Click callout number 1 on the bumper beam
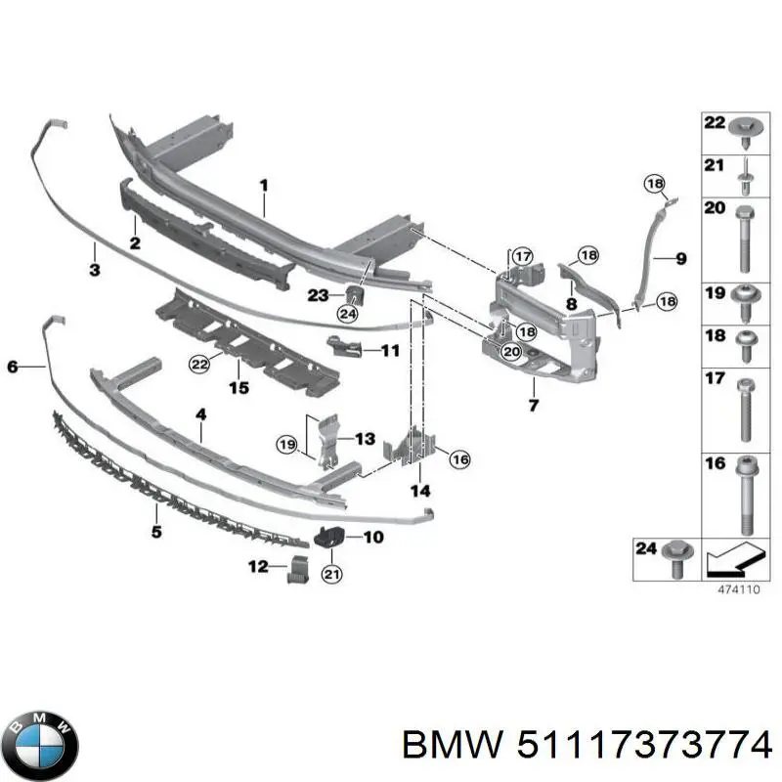pyautogui.click(x=263, y=184)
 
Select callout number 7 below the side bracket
pyautogui.click(x=533, y=406)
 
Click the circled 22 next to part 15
pyautogui.click(x=199, y=365)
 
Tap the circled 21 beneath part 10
pyautogui.click(x=331, y=575)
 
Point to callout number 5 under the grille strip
pyautogui.click(x=156, y=533)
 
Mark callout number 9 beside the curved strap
pyautogui.click(x=681, y=258)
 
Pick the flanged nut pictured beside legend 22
pyautogui.click(x=742, y=124)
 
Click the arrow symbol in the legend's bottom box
pyautogui.click(x=732, y=558)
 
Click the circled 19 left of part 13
pyautogui.click(x=285, y=445)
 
